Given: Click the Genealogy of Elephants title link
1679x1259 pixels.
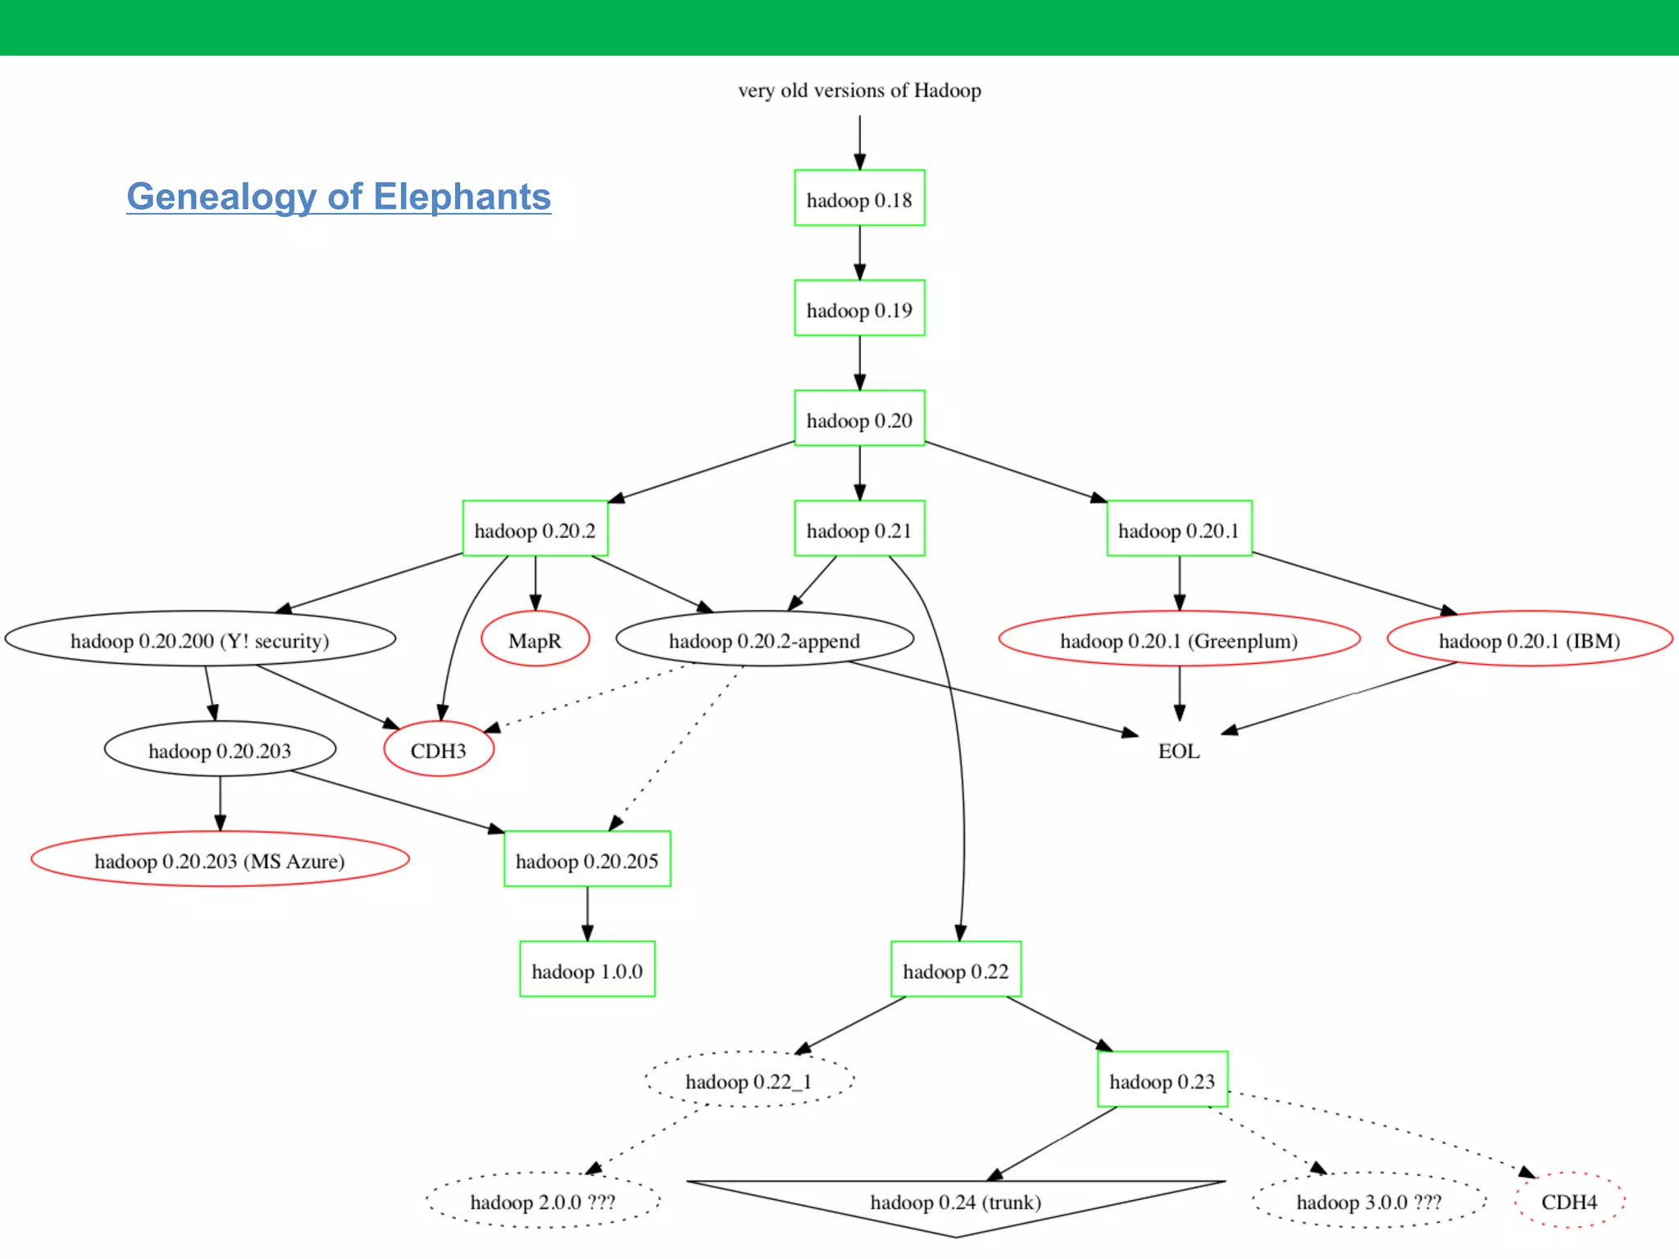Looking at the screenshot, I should tap(339, 197).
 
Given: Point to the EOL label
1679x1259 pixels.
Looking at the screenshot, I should tap(1179, 751).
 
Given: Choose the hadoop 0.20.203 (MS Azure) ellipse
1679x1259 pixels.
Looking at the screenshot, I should tap(220, 860).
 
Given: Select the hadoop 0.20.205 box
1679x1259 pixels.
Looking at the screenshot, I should tap(587, 860).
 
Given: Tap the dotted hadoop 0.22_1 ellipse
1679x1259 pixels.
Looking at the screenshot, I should tap(748, 1080).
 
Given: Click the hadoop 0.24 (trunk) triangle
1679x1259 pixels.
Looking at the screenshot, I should tap(956, 1202).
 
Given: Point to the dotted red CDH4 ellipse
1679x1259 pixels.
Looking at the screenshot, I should tap(1569, 1201).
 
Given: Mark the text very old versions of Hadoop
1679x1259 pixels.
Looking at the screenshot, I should tap(859, 90).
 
